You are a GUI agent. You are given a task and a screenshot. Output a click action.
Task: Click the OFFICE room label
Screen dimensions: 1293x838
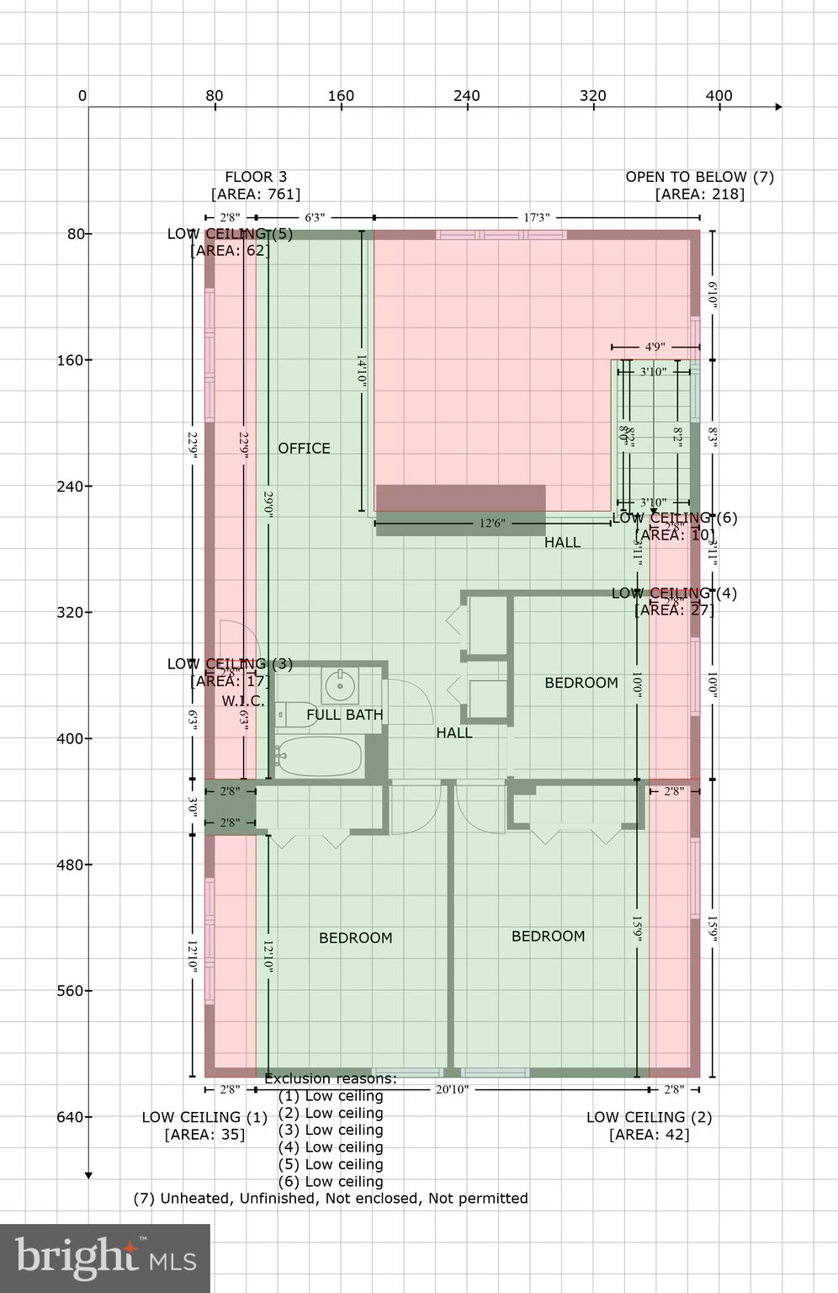pos(304,449)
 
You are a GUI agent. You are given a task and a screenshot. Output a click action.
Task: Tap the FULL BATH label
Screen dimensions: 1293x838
pos(344,715)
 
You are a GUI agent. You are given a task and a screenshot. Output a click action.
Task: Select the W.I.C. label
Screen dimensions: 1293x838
pos(243,701)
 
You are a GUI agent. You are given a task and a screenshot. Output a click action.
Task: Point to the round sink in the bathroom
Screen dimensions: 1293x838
pos(339,685)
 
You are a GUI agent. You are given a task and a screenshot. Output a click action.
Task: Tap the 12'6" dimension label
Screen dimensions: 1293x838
pos(491,524)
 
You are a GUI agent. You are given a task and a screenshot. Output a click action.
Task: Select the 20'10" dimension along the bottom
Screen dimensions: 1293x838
pos(452,1089)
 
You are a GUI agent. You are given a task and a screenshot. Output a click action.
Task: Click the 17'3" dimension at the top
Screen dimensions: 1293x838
pos(536,218)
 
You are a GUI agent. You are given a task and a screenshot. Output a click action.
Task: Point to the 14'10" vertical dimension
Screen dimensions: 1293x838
pos(362,370)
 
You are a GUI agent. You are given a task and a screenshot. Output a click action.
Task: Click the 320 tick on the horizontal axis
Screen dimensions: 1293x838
pos(592,96)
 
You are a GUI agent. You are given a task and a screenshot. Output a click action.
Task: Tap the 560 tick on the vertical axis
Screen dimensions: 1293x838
pos(76,991)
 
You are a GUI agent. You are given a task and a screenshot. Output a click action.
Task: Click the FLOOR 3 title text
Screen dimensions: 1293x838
pos(256,177)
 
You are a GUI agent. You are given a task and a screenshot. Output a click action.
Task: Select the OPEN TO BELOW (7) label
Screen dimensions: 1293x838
pos(699,177)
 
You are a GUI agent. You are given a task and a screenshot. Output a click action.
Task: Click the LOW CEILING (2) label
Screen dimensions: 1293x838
pos(649,1117)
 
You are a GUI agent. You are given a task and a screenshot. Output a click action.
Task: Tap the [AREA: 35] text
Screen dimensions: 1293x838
pos(204,1135)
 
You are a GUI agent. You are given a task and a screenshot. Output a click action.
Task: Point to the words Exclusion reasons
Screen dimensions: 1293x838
pos(330,1079)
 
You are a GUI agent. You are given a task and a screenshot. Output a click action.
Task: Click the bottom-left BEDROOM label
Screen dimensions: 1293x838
pos(355,938)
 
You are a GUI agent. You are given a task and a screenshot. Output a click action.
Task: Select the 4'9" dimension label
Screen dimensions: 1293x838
pos(655,347)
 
